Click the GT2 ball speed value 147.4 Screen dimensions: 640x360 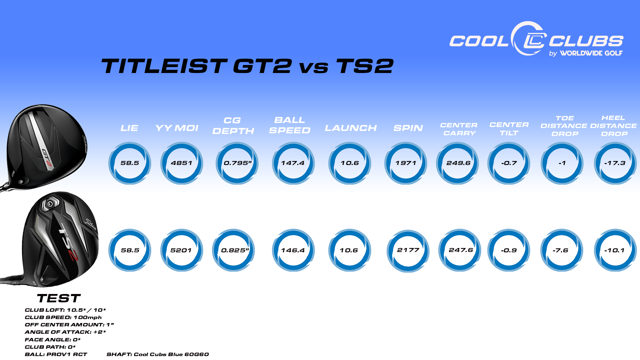click(293, 163)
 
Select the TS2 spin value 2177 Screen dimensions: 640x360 click(408, 250)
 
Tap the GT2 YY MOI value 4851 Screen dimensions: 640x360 click(182, 163)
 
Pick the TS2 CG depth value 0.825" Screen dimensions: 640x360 click(235, 250)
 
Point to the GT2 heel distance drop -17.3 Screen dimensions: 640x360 click(615, 163)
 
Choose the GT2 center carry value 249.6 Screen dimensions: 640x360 click(458, 163)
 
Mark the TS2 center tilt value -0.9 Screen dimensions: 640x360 click(509, 250)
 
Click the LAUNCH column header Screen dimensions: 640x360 click(351, 128)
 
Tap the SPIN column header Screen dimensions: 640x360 click(408, 128)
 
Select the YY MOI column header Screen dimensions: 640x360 click(177, 128)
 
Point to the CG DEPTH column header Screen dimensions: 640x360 click(233, 126)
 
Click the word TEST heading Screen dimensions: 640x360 click(59, 298)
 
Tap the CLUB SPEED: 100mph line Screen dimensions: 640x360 click(63, 317)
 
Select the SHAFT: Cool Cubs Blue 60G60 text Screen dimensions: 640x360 click(158, 354)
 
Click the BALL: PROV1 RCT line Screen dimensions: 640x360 click(56, 354)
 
